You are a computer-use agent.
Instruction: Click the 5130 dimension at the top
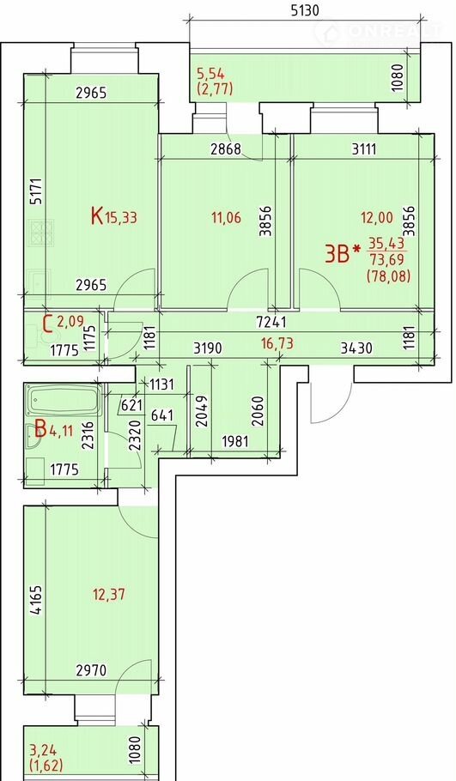coord(304,10)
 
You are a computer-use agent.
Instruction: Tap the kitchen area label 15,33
coord(120,217)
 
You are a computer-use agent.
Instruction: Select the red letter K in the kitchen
coord(97,216)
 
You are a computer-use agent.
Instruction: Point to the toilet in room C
coord(40,336)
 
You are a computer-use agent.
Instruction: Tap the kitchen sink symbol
coord(38,282)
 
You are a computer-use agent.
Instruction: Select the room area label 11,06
coord(226,217)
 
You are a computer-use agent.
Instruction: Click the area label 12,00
coord(377,217)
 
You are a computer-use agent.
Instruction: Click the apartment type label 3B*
coord(342,254)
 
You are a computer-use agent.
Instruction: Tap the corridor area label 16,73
coord(277,342)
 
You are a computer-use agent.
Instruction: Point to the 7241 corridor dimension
coord(271,322)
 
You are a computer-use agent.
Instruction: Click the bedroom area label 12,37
coord(109,594)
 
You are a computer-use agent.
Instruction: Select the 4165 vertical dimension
coord(38,600)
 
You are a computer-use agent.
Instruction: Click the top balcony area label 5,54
coord(210,75)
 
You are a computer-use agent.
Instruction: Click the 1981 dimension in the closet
coord(234,442)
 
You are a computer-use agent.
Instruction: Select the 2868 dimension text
coord(226,149)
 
